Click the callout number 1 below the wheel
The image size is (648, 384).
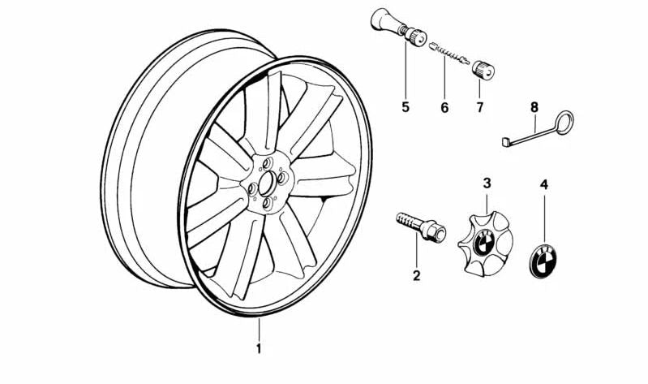click(259, 349)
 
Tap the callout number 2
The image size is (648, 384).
click(416, 275)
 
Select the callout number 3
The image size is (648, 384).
click(487, 183)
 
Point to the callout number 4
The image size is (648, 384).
click(544, 184)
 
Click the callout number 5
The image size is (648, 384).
click(406, 107)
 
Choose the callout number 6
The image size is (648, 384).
click(444, 108)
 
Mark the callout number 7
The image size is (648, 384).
click(479, 108)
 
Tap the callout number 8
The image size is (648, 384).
click(534, 108)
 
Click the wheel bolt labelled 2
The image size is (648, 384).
click(420, 227)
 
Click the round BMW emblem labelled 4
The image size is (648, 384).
click(543, 261)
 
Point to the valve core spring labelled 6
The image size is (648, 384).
click(449, 54)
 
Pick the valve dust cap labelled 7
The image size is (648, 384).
click(483, 70)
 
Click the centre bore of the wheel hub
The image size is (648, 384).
click(267, 184)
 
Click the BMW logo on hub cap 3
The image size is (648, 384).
click(482, 244)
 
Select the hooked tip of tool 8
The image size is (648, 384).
click(506, 142)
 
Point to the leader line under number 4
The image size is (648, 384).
click(544, 219)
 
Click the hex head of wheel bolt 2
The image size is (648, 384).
click(435, 231)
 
